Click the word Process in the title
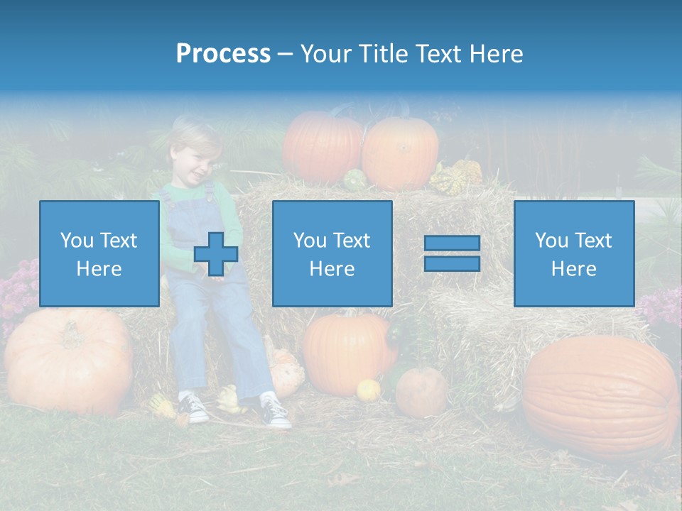tap(223, 54)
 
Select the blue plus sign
tap(216, 254)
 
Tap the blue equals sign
tap(452, 253)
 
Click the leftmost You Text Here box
tap(99, 253)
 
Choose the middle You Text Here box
tap(332, 253)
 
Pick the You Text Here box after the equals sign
tap(573, 253)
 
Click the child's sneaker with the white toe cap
tap(276, 412)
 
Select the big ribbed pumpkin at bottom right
tap(600, 396)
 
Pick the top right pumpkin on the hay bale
tap(401, 152)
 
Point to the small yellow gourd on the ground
tap(368, 390)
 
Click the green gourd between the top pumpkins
tap(354, 180)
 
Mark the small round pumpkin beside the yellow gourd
tap(421, 391)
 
